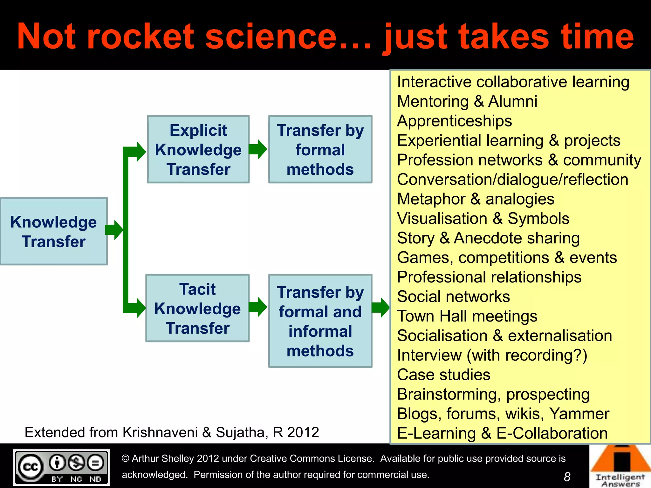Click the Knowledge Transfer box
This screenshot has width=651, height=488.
click(53, 231)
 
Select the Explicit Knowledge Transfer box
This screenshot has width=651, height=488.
click(198, 149)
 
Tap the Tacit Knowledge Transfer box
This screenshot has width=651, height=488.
click(197, 308)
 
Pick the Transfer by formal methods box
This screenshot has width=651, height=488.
click(320, 149)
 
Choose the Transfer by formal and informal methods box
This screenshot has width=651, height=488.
click(320, 321)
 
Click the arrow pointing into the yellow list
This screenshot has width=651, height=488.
click(380, 307)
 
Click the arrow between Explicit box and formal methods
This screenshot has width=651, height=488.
click(258, 149)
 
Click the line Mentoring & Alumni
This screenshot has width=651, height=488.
click(467, 102)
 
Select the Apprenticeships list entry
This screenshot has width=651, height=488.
click(455, 121)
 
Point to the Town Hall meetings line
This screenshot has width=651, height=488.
click(467, 316)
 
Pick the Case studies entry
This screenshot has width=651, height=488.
click(444, 375)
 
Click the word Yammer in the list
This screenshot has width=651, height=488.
click(579, 414)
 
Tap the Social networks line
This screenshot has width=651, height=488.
click(453, 297)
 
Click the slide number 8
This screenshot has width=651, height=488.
click(567, 477)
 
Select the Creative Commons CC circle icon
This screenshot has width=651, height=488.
click(31, 467)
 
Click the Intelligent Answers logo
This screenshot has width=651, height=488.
click(620, 466)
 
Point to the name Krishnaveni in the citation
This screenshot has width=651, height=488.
click(160, 432)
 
